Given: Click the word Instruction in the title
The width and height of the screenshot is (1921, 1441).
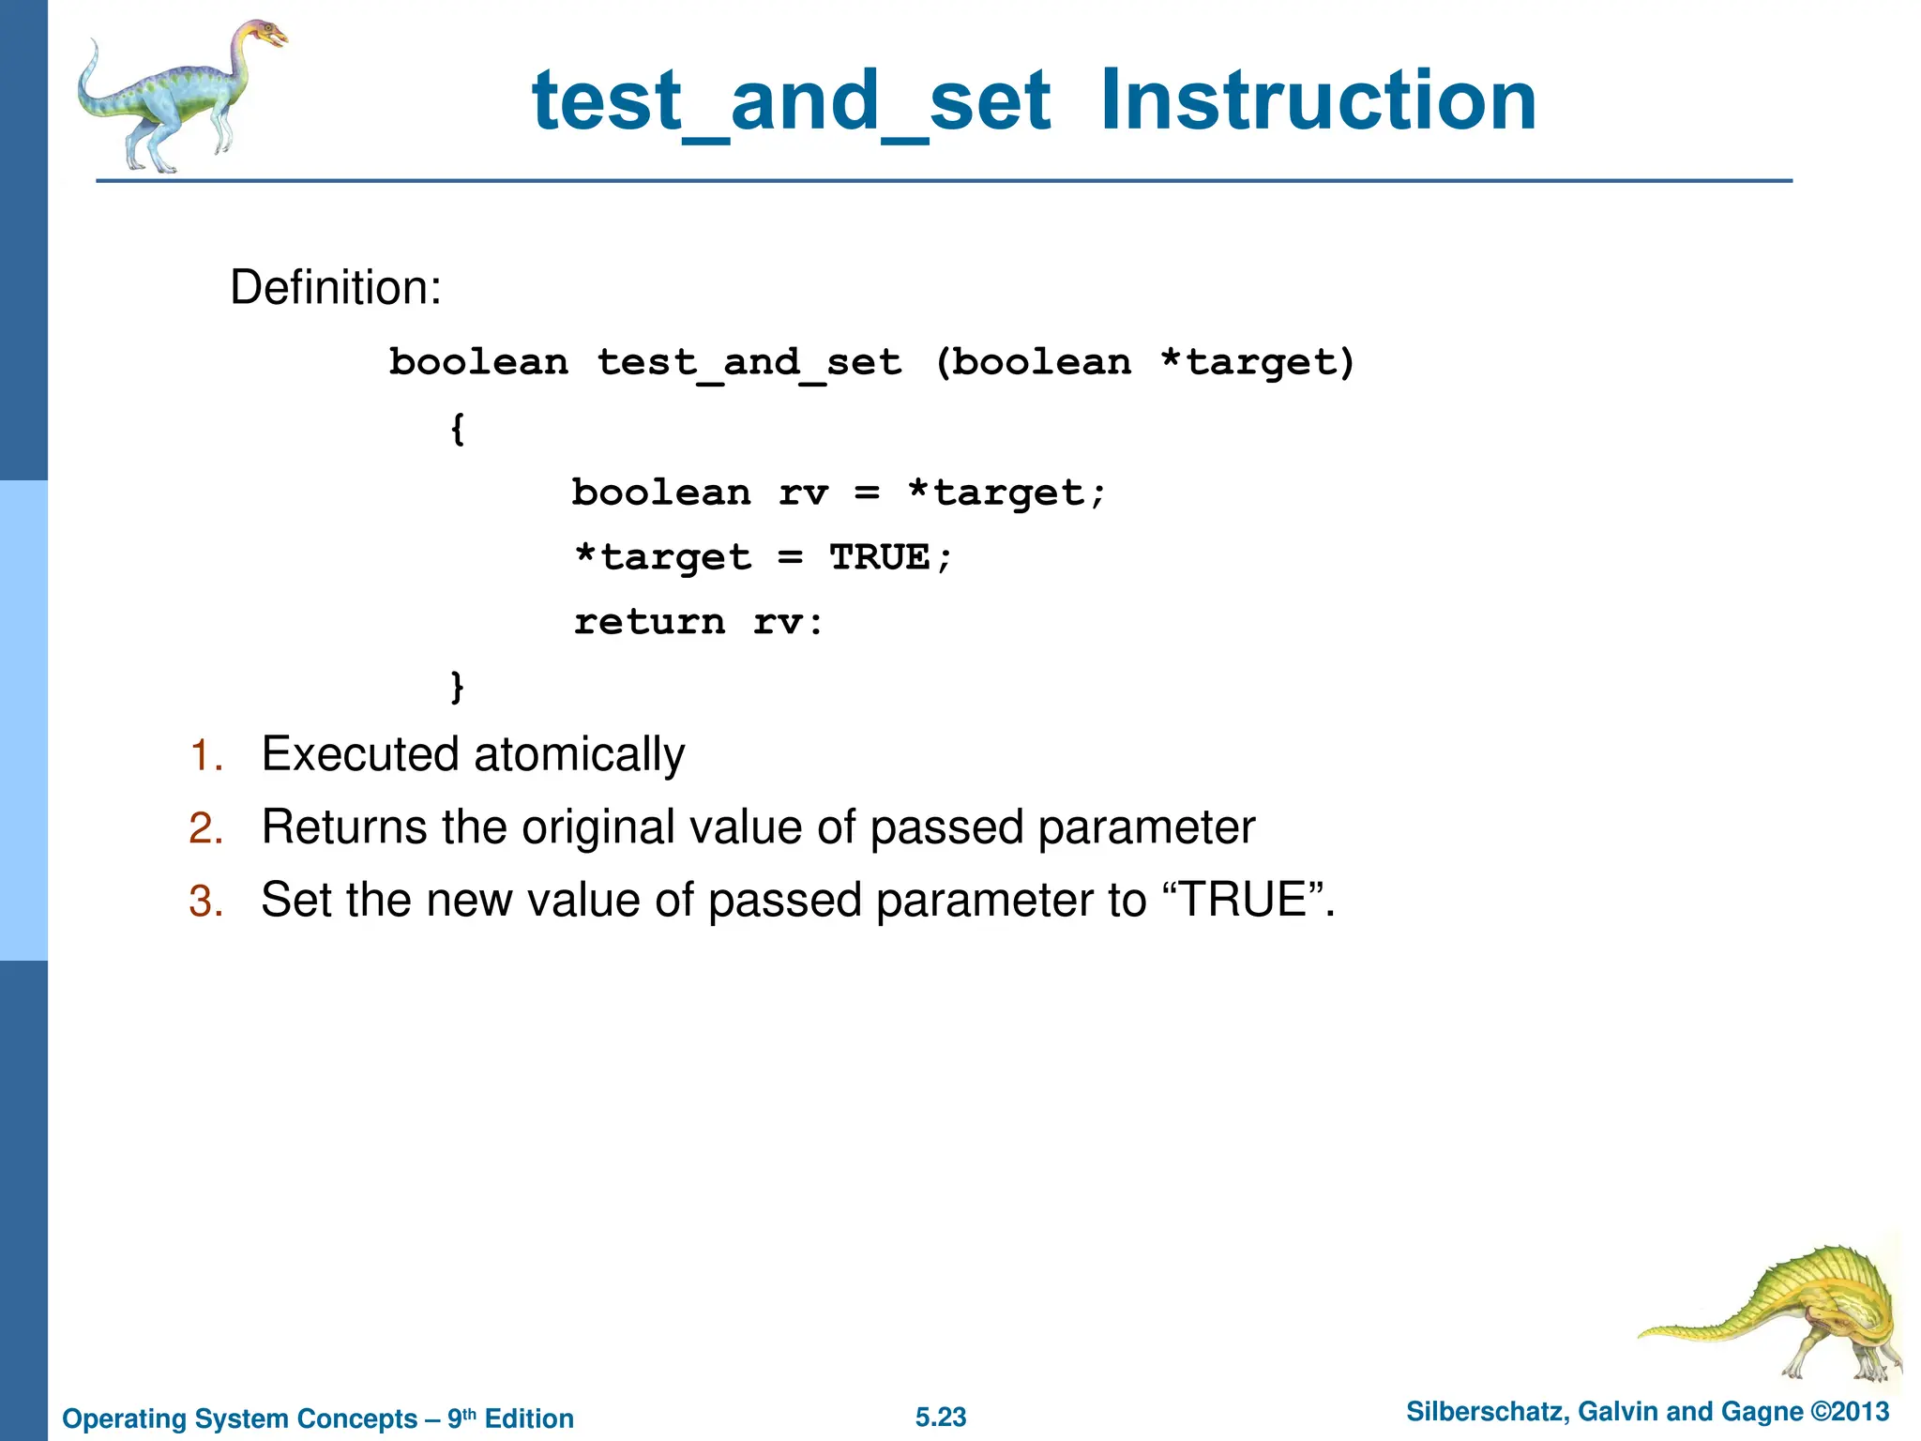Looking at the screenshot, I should pos(1317,100).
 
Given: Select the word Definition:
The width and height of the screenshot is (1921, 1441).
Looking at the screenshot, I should pos(335,287).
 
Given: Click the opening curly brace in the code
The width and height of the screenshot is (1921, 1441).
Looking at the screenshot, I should pos(457,430).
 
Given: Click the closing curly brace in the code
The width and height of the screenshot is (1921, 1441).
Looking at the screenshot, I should pos(457,686).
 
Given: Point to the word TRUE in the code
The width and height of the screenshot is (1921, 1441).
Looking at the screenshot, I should pos(880,557).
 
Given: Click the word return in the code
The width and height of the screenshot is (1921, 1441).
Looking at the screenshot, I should pos(650,622).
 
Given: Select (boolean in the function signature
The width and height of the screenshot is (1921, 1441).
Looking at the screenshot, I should pos(1033,362).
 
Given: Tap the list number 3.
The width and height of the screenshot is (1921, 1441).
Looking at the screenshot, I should pos(205,902).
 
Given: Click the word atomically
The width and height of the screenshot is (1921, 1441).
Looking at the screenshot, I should pos(579,754).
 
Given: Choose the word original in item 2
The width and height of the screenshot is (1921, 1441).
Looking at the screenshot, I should pos(598,827).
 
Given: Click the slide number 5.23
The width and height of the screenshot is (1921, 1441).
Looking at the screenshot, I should pos(941,1418).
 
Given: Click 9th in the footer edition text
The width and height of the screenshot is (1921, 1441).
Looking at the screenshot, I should pos(461,1418).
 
